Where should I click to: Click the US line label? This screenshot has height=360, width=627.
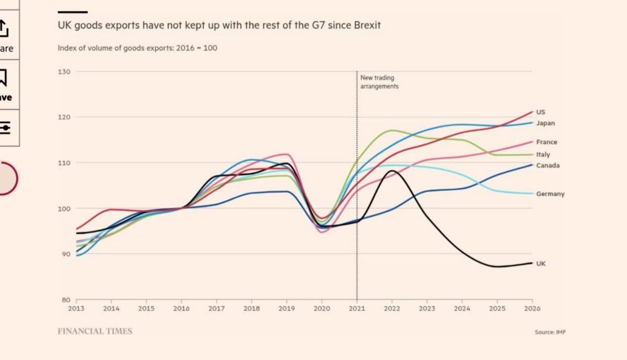point(540,112)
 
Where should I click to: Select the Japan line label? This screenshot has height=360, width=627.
point(545,123)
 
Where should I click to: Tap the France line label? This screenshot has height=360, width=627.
point(547,142)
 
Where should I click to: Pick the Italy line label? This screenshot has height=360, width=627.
point(543,155)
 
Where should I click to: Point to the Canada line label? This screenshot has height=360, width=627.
point(548,165)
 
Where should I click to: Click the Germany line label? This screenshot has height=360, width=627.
point(550,194)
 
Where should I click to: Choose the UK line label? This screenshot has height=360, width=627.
point(541,264)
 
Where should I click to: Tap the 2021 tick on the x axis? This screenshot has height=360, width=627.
point(357,308)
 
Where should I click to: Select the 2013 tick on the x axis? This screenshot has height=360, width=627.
point(76,308)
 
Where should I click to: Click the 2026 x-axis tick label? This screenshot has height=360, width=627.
point(532,308)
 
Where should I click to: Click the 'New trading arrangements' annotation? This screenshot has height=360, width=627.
point(379,82)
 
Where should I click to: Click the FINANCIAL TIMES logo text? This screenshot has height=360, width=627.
point(95,331)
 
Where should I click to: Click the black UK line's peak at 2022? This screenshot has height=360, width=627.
point(392,171)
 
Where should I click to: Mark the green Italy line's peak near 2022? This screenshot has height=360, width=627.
point(392,130)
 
